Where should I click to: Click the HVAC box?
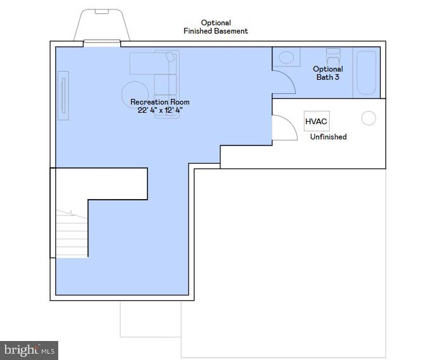click(x=317, y=121)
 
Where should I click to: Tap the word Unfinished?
click(x=328, y=137)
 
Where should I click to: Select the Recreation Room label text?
click(x=160, y=102)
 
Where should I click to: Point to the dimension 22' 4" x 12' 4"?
click(x=160, y=110)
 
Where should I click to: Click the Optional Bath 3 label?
click(x=328, y=73)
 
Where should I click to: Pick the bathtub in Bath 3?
click(x=366, y=73)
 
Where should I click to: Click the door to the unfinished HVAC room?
click(x=284, y=127)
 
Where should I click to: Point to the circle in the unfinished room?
click(x=368, y=118)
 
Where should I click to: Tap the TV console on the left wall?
click(x=63, y=95)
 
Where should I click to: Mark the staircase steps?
click(x=72, y=235)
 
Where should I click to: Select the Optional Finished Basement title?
click(x=216, y=27)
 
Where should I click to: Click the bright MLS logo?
click(x=29, y=350)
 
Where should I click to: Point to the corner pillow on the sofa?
click(x=170, y=57)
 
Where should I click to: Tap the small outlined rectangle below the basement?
click(x=151, y=319)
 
